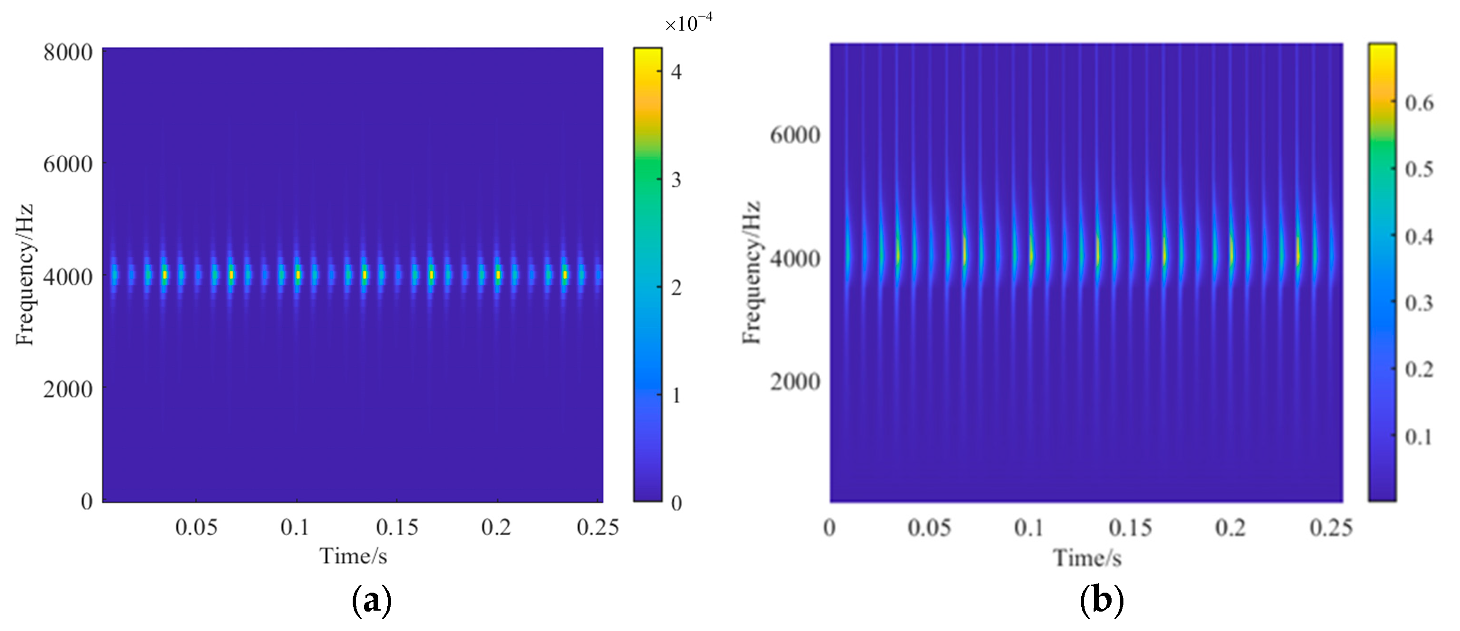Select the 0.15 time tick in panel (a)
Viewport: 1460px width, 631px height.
click(x=397, y=527)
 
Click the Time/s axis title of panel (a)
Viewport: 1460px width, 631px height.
click(x=353, y=556)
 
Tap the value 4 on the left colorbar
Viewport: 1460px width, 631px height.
click(x=675, y=72)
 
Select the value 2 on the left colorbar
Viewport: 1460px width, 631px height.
click(x=675, y=288)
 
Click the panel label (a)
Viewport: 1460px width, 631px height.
click(x=372, y=602)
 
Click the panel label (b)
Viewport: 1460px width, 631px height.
click(x=1102, y=602)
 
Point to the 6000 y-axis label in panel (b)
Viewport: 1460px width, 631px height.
click(x=794, y=135)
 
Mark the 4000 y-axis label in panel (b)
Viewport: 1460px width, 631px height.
click(x=794, y=259)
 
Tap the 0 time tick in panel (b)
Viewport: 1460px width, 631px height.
click(x=830, y=527)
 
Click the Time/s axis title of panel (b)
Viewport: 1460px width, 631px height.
click(x=1087, y=558)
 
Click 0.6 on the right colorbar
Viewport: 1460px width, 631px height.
click(x=1419, y=103)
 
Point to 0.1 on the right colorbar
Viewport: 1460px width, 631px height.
click(x=1419, y=437)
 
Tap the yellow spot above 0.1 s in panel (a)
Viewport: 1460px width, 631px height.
click(x=298, y=275)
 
